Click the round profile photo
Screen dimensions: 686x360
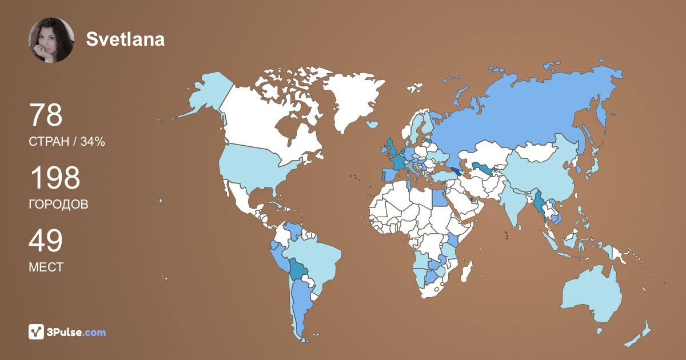tap(51, 39)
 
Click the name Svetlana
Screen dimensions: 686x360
tap(125, 39)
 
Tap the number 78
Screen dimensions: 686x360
tap(45, 115)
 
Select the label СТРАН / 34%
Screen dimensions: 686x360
tap(66, 142)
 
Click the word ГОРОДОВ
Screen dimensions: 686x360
tap(58, 205)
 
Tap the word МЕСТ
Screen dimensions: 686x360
tap(46, 267)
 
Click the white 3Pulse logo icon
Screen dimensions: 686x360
tap(37, 332)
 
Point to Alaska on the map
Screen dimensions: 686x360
tap(206, 94)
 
